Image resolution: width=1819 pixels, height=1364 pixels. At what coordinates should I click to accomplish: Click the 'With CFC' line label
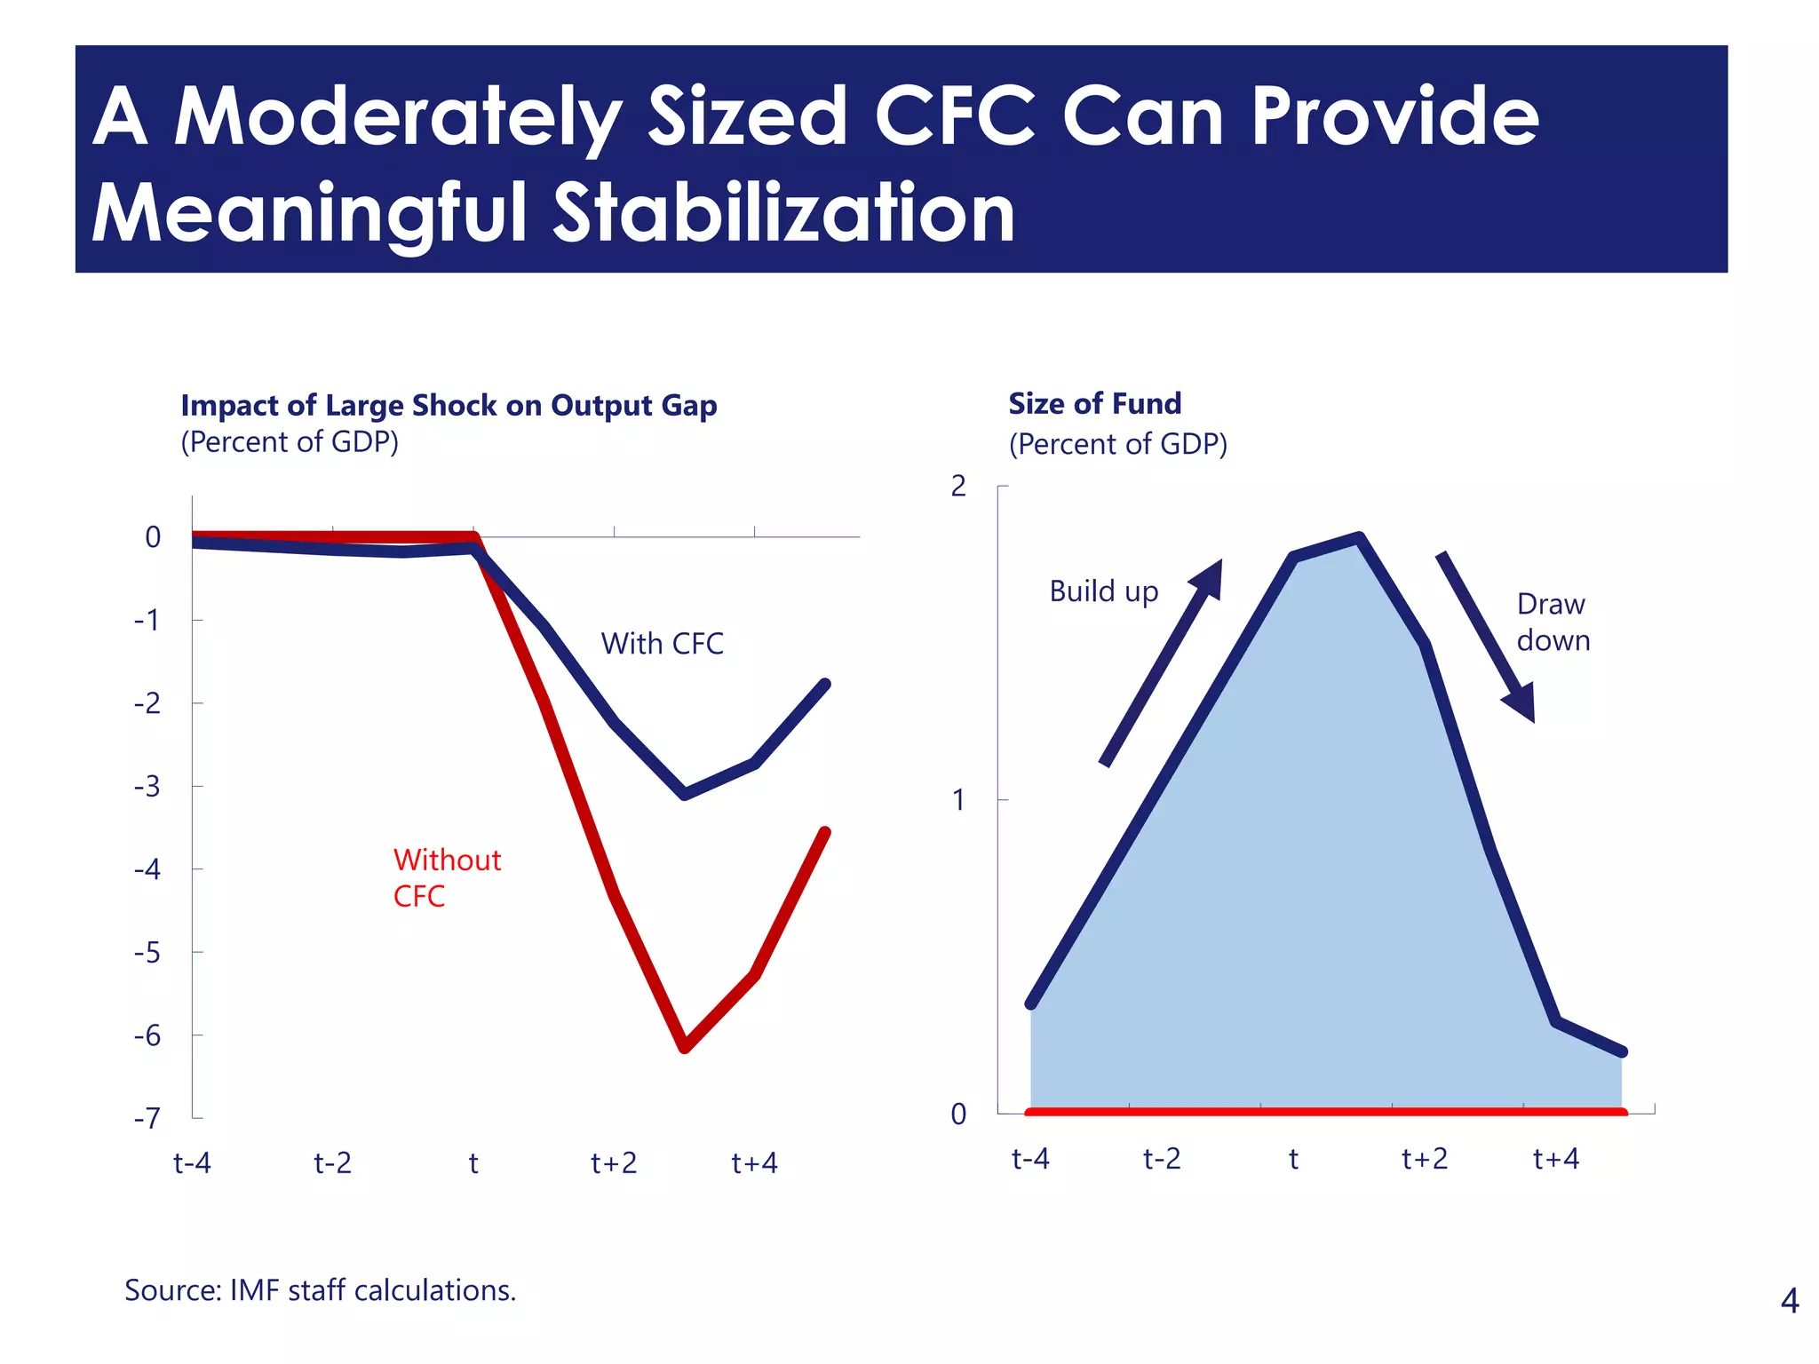662,644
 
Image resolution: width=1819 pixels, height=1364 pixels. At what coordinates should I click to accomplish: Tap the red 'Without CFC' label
447,877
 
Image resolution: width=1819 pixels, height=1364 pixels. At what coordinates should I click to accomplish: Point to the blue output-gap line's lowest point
685,794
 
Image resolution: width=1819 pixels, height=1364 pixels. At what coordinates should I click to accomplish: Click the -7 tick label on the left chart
147,1118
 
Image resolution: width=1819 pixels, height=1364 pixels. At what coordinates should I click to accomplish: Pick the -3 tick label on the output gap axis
147,787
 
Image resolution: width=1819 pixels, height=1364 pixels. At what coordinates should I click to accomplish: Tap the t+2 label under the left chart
614,1162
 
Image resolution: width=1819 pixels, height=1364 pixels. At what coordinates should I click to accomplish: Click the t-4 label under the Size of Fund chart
1030,1159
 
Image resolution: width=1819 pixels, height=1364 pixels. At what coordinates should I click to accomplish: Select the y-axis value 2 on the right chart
957,486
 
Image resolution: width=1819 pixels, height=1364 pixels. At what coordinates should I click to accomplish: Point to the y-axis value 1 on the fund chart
957,800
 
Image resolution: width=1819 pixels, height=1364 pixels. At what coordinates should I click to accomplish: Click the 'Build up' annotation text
1103,591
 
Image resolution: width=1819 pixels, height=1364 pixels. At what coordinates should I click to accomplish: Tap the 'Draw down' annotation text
1553,622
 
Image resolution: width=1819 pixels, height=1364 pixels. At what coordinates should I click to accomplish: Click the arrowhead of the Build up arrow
1210,577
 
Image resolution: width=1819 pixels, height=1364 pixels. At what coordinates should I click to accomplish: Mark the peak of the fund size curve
1359,537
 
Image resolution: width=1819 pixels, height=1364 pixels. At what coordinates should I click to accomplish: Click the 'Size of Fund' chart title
1094,404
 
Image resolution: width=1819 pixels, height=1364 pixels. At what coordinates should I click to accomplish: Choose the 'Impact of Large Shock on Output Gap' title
449,406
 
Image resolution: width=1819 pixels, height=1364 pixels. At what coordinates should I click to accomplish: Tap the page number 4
1790,1301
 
